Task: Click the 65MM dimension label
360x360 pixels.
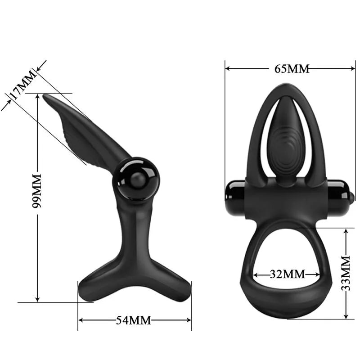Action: (292, 69)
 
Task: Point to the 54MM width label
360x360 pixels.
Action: (134, 320)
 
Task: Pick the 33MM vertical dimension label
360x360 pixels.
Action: (346, 273)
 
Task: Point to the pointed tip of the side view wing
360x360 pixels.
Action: (45, 96)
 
